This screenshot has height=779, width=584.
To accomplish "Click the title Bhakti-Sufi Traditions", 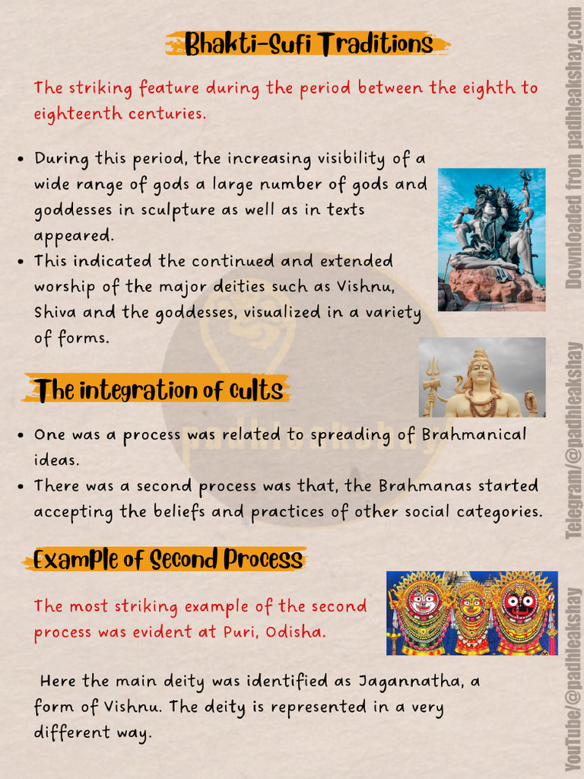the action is coord(309,43).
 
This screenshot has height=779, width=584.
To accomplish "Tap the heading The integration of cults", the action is coord(158,390).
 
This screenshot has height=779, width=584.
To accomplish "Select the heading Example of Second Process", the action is coord(168,559).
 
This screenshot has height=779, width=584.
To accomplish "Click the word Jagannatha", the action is coord(411,682).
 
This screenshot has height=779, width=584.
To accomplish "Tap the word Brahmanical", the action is coord(474,434).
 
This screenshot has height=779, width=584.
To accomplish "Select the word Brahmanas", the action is coord(424,485).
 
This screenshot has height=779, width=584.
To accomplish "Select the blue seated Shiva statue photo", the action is coord(492,240).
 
